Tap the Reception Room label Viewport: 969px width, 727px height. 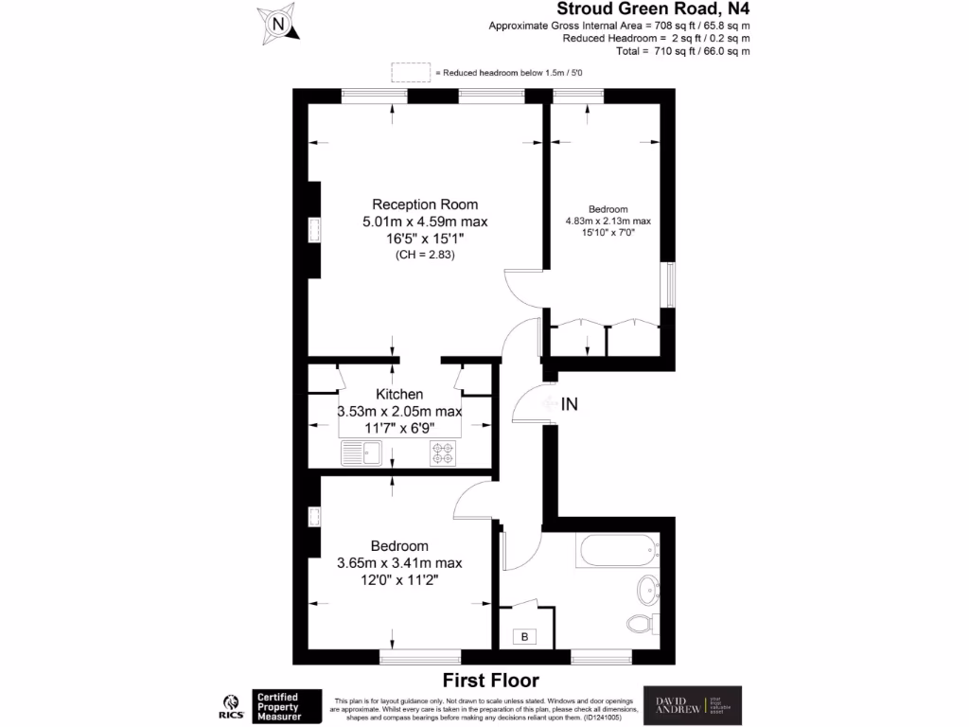[425, 204]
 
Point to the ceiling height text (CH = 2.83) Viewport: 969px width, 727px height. [425, 256]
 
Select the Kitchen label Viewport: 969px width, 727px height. [399, 394]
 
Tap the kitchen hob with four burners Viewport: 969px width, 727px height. [444, 453]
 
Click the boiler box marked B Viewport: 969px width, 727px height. [525, 637]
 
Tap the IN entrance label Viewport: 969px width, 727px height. [569, 404]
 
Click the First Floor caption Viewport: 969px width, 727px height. [491, 680]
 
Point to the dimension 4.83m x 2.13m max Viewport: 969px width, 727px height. [608, 222]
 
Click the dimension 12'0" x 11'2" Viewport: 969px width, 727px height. [399, 580]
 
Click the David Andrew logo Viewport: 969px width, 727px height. [693, 705]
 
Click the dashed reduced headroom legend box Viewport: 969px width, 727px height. [410, 73]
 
